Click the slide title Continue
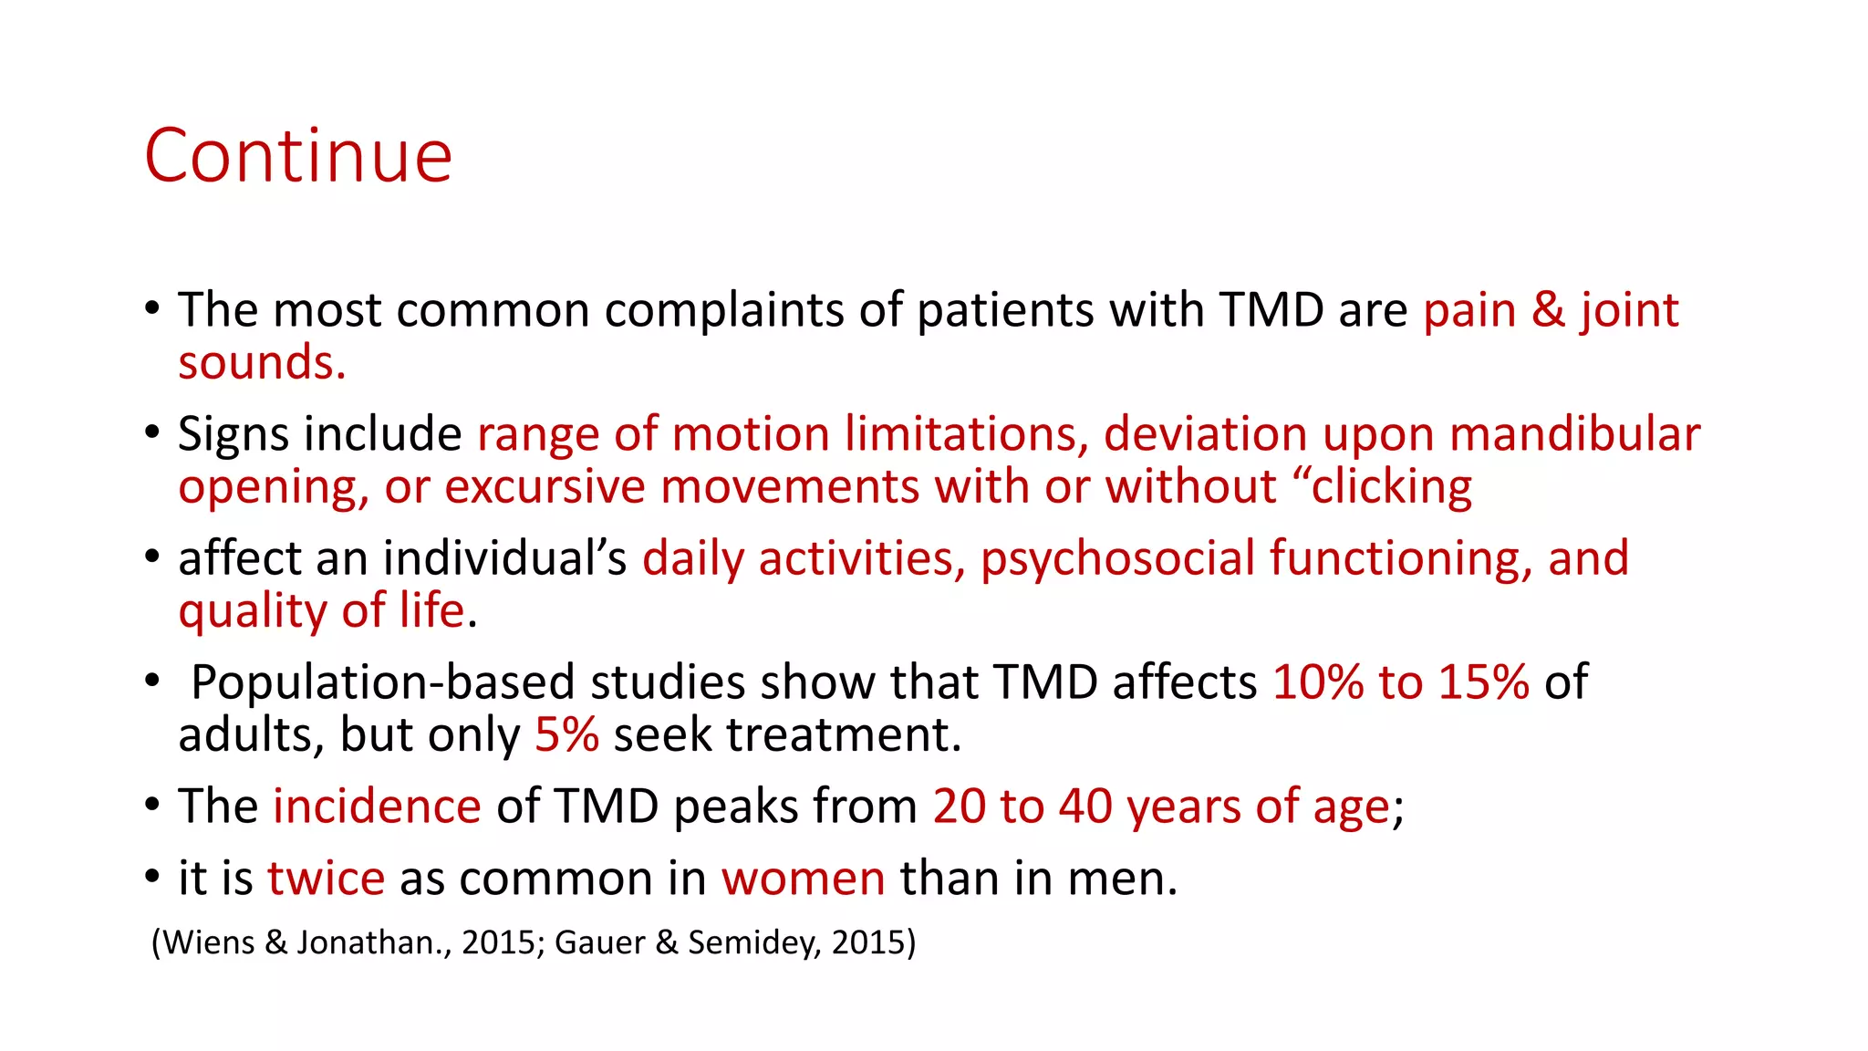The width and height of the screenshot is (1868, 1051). pos(298,157)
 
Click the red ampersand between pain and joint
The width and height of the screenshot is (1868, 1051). pos(1548,310)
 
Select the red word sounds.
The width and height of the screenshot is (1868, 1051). pos(262,363)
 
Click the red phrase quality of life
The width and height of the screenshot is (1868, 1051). pos(322,610)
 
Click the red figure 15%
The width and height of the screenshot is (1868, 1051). pos(1483,682)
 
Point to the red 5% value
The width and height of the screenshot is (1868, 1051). pos(566,734)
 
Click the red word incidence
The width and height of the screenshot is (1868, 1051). pos(377,806)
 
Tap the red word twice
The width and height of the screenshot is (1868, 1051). pos(326,879)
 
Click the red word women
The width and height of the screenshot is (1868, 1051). pos(803,879)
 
